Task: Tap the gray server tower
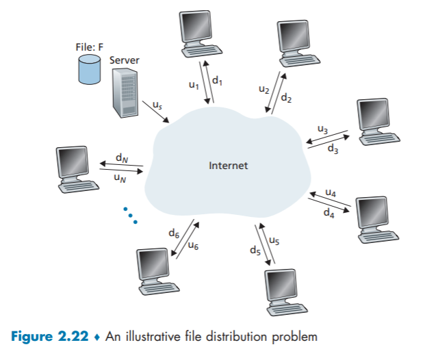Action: pyautogui.click(x=125, y=93)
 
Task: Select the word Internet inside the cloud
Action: pyautogui.click(x=229, y=166)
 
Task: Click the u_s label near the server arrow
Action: pyautogui.click(x=157, y=105)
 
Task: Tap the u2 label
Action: pyautogui.click(x=263, y=89)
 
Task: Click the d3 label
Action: pyautogui.click(x=332, y=147)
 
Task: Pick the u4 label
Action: pyautogui.click(x=331, y=193)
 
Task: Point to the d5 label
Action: pyautogui.click(x=255, y=252)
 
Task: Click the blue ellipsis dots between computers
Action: pyautogui.click(x=129, y=214)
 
